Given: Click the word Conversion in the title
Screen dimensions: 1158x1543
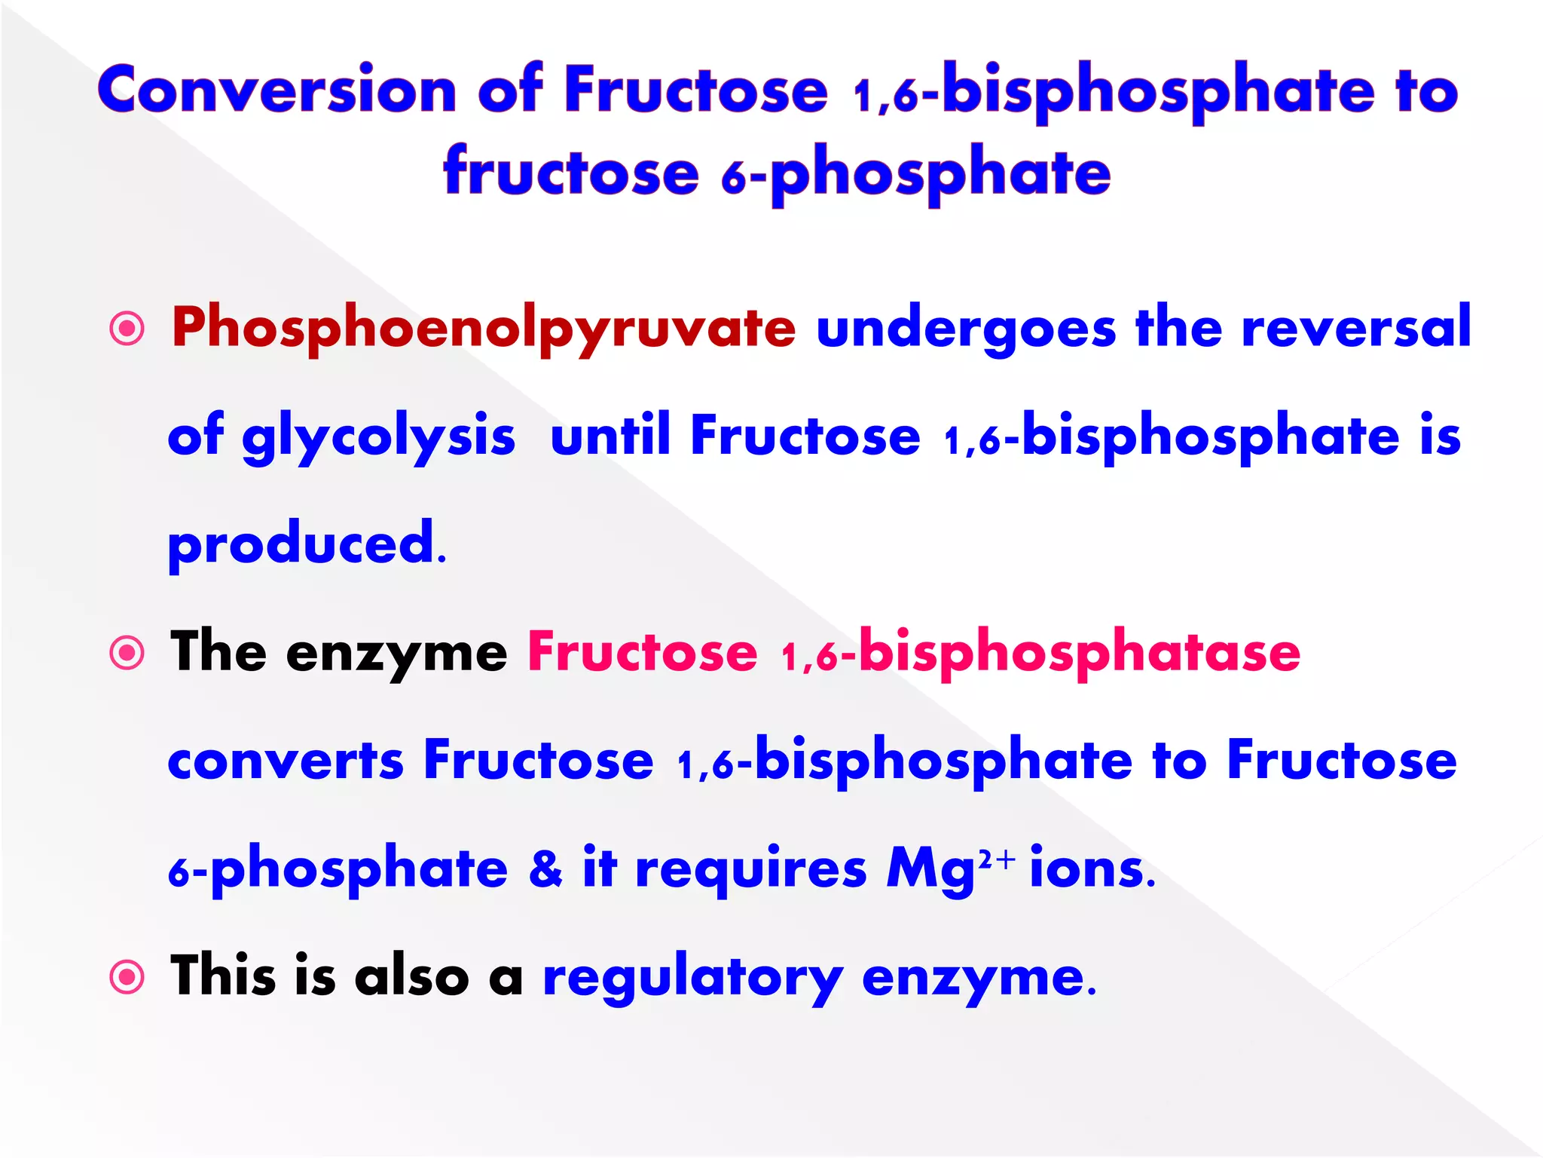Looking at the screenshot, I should [277, 90].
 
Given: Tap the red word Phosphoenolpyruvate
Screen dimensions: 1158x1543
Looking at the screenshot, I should [483, 329].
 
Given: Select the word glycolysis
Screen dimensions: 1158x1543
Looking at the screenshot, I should [378, 437].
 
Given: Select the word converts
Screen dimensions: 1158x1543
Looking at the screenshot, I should [286, 761].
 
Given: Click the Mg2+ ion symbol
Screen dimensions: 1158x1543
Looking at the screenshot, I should [950, 869].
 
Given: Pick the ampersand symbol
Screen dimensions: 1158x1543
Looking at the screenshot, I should [545, 868].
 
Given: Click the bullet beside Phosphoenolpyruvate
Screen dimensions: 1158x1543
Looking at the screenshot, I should [127, 329].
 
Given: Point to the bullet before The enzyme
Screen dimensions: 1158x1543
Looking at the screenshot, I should [127, 653].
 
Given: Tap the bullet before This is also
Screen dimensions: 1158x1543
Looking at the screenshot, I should [127, 978].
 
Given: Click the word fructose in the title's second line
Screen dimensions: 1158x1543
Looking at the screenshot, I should [571, 173].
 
